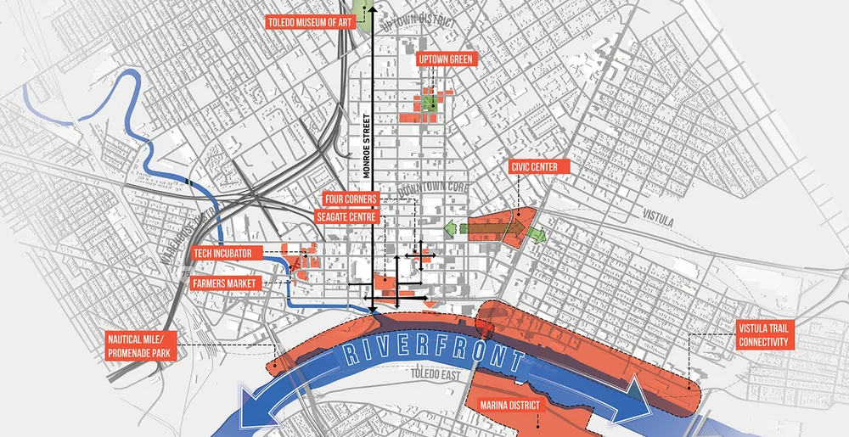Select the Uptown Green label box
tap(445, 59)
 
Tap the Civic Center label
tap(534, 167)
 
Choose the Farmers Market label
tap(225, 282)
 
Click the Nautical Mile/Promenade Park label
tap(141, 345)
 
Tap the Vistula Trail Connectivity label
tap(764, 336)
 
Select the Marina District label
tap(509, 406)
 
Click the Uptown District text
tap(419, 24)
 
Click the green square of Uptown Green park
tap(430, 102)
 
